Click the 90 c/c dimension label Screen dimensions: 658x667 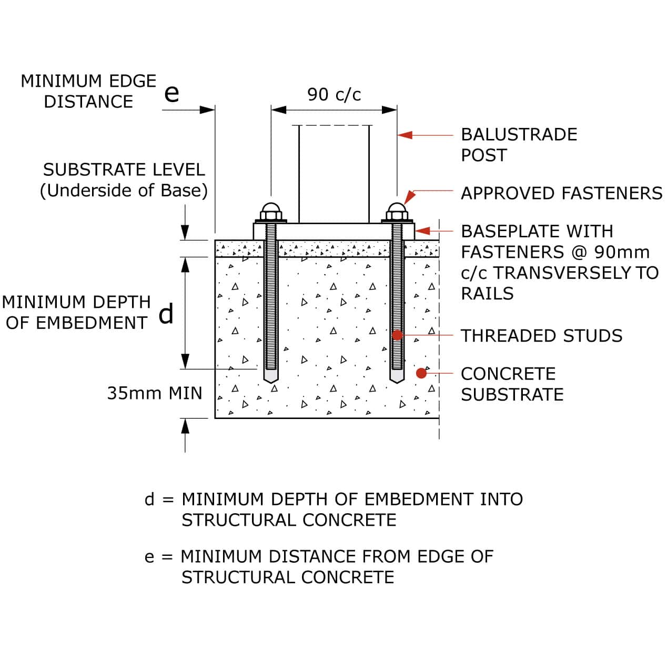334,95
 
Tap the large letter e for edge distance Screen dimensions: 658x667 171,94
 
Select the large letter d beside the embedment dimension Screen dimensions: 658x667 166,314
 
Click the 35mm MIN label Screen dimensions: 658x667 155,393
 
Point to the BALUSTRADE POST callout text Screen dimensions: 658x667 519,145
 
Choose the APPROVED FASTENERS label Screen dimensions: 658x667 561,193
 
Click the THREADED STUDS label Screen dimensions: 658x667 541,336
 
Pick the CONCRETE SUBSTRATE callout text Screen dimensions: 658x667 512,384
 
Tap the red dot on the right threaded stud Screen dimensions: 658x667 398,335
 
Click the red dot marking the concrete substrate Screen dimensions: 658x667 421,373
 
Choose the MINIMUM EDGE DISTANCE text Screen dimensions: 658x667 88,91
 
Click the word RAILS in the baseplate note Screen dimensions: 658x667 487,293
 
